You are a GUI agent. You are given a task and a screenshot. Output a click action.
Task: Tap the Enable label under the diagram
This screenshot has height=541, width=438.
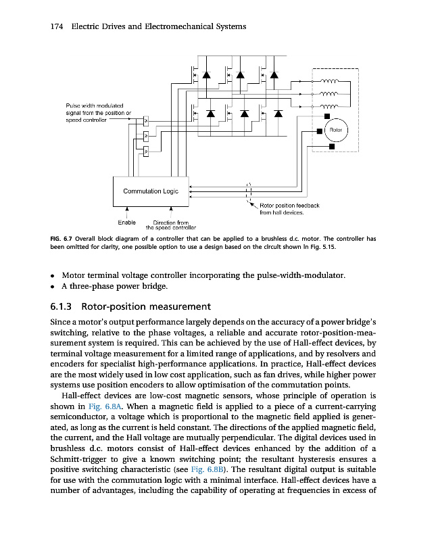click(x=126, y=222)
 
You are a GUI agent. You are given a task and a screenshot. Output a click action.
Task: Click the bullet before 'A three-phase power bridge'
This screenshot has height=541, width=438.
click(x=53, y=287)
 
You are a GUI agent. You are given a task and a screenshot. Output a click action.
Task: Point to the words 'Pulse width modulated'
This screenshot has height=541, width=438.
click(x=93, y=105)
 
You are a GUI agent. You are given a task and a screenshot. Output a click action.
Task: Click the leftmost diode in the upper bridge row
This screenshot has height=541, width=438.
click(x=205, y=74)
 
